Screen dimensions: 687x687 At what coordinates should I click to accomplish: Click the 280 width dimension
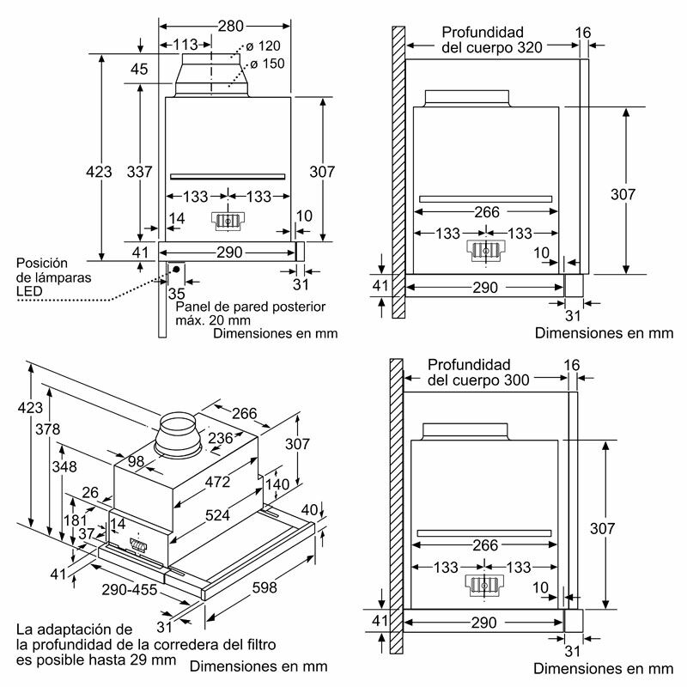(230, 27)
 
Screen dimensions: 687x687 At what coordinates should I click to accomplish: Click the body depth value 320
(526, 48)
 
